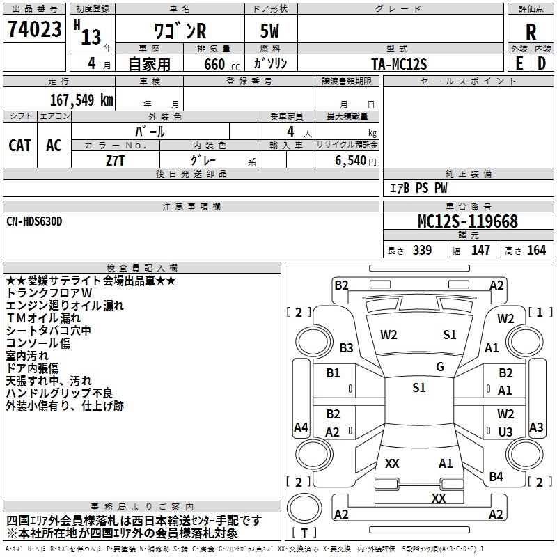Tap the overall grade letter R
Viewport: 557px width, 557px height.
[531, 32]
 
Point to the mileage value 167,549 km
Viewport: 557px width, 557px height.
[82, 100]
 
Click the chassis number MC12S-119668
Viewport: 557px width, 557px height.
[467, 221]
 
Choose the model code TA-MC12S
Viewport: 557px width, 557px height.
[399, 64]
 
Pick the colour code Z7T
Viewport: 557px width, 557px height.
[115, 159]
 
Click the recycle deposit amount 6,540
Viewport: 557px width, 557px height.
[353, 160]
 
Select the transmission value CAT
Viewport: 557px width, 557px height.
[20, 146]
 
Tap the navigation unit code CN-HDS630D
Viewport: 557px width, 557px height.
[35, 221]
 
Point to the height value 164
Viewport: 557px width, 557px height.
[536, 251]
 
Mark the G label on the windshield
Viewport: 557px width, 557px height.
[440, 367]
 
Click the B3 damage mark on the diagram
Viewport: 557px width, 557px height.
[346, 347]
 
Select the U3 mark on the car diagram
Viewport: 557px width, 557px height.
[505, 432]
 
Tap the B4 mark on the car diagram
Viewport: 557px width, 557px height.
[496, 476]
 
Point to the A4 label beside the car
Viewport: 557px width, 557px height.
[301, 427]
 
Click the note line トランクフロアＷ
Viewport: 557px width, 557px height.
[54, 293]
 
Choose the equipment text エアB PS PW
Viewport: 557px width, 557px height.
[418, 188]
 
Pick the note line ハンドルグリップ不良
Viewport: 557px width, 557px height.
[59, 393]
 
